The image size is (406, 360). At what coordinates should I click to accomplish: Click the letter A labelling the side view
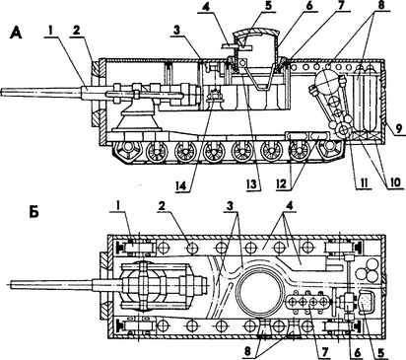16,34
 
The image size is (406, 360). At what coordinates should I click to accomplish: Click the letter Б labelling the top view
34,212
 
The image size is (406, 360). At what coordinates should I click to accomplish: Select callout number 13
252,184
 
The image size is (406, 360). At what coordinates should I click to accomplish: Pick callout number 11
363,182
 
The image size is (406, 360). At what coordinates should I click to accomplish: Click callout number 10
394,182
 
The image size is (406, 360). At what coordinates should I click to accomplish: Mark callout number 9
398,128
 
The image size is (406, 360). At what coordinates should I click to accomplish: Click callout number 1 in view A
51,31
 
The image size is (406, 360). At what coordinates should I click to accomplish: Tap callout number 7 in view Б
324,352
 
